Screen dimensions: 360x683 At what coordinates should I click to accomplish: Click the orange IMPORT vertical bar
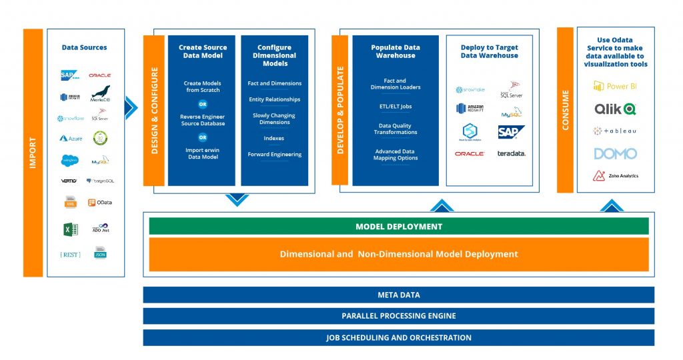click(x=32, y=153)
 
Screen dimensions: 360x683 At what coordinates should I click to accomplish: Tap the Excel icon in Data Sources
click(x=70, y=229)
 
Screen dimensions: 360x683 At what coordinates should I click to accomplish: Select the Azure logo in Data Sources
click(x=71, y=139)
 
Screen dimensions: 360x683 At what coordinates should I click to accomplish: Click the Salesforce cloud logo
click(x=70, y=160)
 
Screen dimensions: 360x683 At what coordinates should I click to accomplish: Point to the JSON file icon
click(x=100, y=253)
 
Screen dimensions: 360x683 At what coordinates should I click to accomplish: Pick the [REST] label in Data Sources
click(x=70, y=254)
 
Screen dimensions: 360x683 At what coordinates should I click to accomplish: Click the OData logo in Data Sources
click(x=100, y=203)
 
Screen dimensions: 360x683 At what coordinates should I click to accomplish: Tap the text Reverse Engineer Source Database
click(x=202, y=120)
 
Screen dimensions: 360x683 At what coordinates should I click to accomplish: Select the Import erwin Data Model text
click(x=202, y=153)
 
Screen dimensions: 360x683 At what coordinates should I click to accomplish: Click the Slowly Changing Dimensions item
click(x=274, y=119)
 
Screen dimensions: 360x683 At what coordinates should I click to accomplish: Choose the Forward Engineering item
click(x=274, y=154)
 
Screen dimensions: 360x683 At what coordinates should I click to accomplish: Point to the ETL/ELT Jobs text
click(x=396, y=106)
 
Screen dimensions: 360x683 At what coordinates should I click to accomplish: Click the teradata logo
click(x=511, y=153)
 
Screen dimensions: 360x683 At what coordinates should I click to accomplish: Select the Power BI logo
click(x=615, y=86)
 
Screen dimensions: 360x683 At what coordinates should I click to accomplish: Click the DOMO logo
click(x=615, y=153)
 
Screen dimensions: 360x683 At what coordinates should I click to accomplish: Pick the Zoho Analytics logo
click(x=615, y=176)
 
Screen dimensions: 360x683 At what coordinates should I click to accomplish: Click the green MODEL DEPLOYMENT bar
click(x=398, y=227)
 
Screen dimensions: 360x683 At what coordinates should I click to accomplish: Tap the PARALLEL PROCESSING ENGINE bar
click(x=398, y=315)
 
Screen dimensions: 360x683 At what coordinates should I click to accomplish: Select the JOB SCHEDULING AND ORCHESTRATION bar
click(x=398, y=337)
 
